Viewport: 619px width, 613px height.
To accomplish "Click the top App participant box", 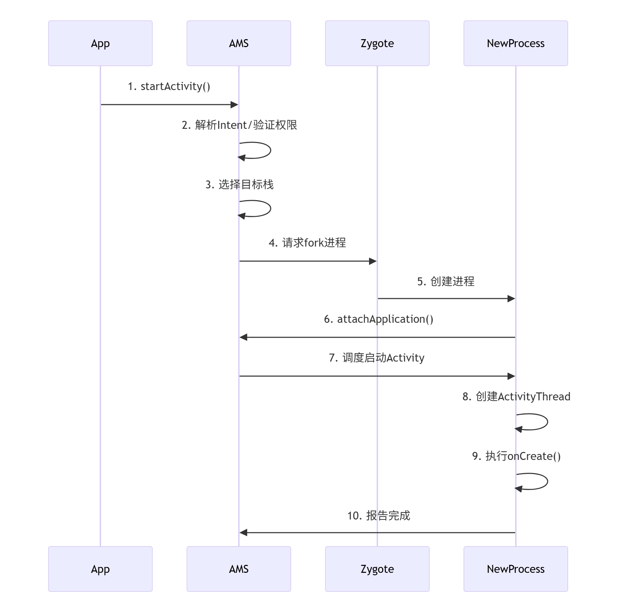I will [x=100, y=43].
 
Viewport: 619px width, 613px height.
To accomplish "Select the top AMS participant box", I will [x=239, y=43].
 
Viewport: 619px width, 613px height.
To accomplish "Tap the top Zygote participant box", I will [x=377, y=43].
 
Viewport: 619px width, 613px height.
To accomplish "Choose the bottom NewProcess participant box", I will [x=516, y=569].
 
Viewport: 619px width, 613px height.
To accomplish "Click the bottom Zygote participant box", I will [x=377, y=569].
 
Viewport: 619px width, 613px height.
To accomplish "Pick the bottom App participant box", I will [x=100, y=569].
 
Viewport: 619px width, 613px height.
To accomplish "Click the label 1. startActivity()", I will [x=169, y=86].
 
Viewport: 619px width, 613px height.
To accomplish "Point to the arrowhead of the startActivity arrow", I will [x=234, y=105].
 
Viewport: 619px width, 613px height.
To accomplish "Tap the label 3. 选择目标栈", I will [x=239, y=185].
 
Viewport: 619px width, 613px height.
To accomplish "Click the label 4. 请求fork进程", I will [x=307, y=243].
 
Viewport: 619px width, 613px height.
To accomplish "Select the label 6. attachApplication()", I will [x=378, y=319].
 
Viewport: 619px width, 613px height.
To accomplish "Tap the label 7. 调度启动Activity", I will [x=377, y=358].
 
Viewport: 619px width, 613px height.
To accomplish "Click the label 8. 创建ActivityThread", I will [x=516, y=397].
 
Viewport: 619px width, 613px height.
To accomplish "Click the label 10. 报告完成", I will [x=378, y=516].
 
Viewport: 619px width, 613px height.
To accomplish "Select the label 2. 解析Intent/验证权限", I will [x=239, y=125].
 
